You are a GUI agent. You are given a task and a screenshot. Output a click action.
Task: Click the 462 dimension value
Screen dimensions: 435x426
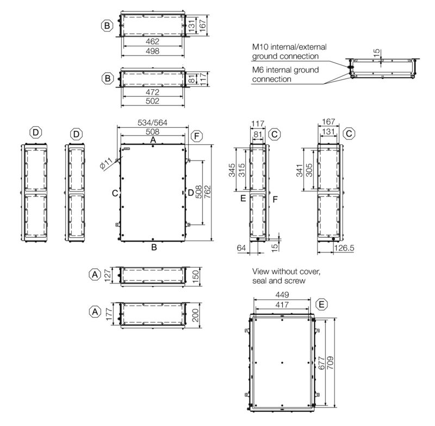[x=153, y=41]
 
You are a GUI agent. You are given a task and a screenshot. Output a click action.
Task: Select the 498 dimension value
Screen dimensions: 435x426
[x=153, y=51]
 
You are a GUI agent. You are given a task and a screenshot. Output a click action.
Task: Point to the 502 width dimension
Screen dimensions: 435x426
[x=153, y=101]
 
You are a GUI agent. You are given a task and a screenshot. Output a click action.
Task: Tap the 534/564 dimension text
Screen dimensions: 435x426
[x=153, y=122]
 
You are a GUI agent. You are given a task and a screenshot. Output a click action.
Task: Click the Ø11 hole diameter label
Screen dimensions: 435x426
[x=106, y=163]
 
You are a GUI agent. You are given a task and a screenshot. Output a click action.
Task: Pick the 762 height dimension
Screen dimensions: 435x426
[x=208, y=192]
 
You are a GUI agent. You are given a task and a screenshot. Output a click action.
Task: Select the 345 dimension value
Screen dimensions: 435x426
[x=232, y=170]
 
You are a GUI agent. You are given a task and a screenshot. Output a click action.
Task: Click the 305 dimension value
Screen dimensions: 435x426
[x=309, y=170]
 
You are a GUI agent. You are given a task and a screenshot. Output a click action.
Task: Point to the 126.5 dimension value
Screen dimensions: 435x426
[x=344, y=248]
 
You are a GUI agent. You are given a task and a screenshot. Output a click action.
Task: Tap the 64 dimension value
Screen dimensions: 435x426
[x=241, y=248]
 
